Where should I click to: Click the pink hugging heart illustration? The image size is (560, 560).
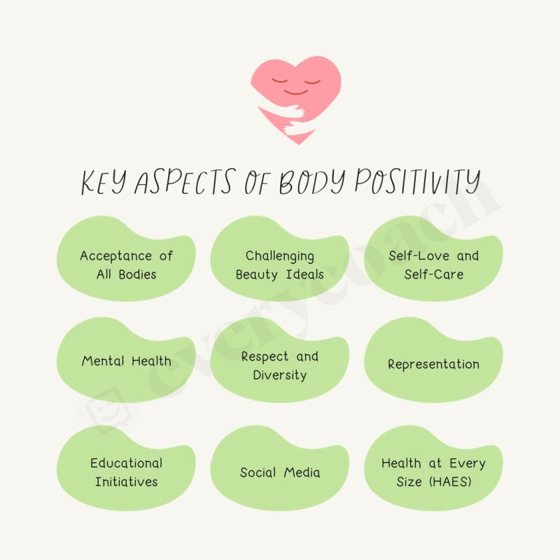point(296,98)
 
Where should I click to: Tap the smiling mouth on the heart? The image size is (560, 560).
point(296,92)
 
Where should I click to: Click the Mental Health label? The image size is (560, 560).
point(126,361)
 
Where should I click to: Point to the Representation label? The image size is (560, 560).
point(434,365)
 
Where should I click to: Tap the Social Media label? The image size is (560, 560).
point(280,472)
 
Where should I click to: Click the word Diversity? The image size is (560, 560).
point(280,375)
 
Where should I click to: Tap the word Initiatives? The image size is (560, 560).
point(126,482)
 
